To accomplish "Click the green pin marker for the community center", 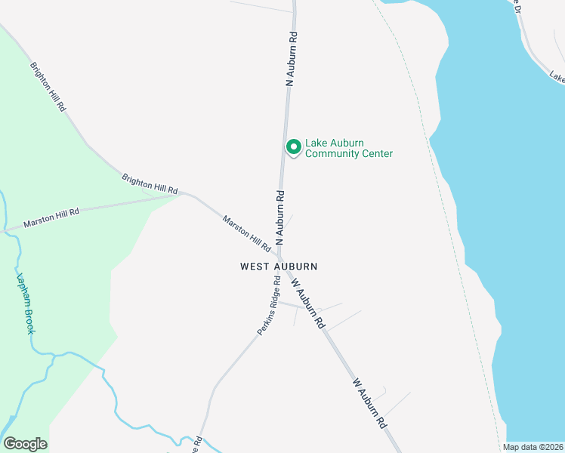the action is [293, 146].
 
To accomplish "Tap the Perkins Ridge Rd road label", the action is [267, 307].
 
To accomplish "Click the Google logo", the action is [25, 444].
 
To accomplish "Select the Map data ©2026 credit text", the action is [533, 447].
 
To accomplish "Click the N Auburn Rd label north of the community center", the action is [289, 59].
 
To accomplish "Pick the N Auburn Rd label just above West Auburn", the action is [279, 217].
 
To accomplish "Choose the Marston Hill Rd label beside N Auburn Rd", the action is [247, 233].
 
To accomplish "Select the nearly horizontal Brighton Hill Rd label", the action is [150, 183].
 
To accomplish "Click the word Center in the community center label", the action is [375, 154].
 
